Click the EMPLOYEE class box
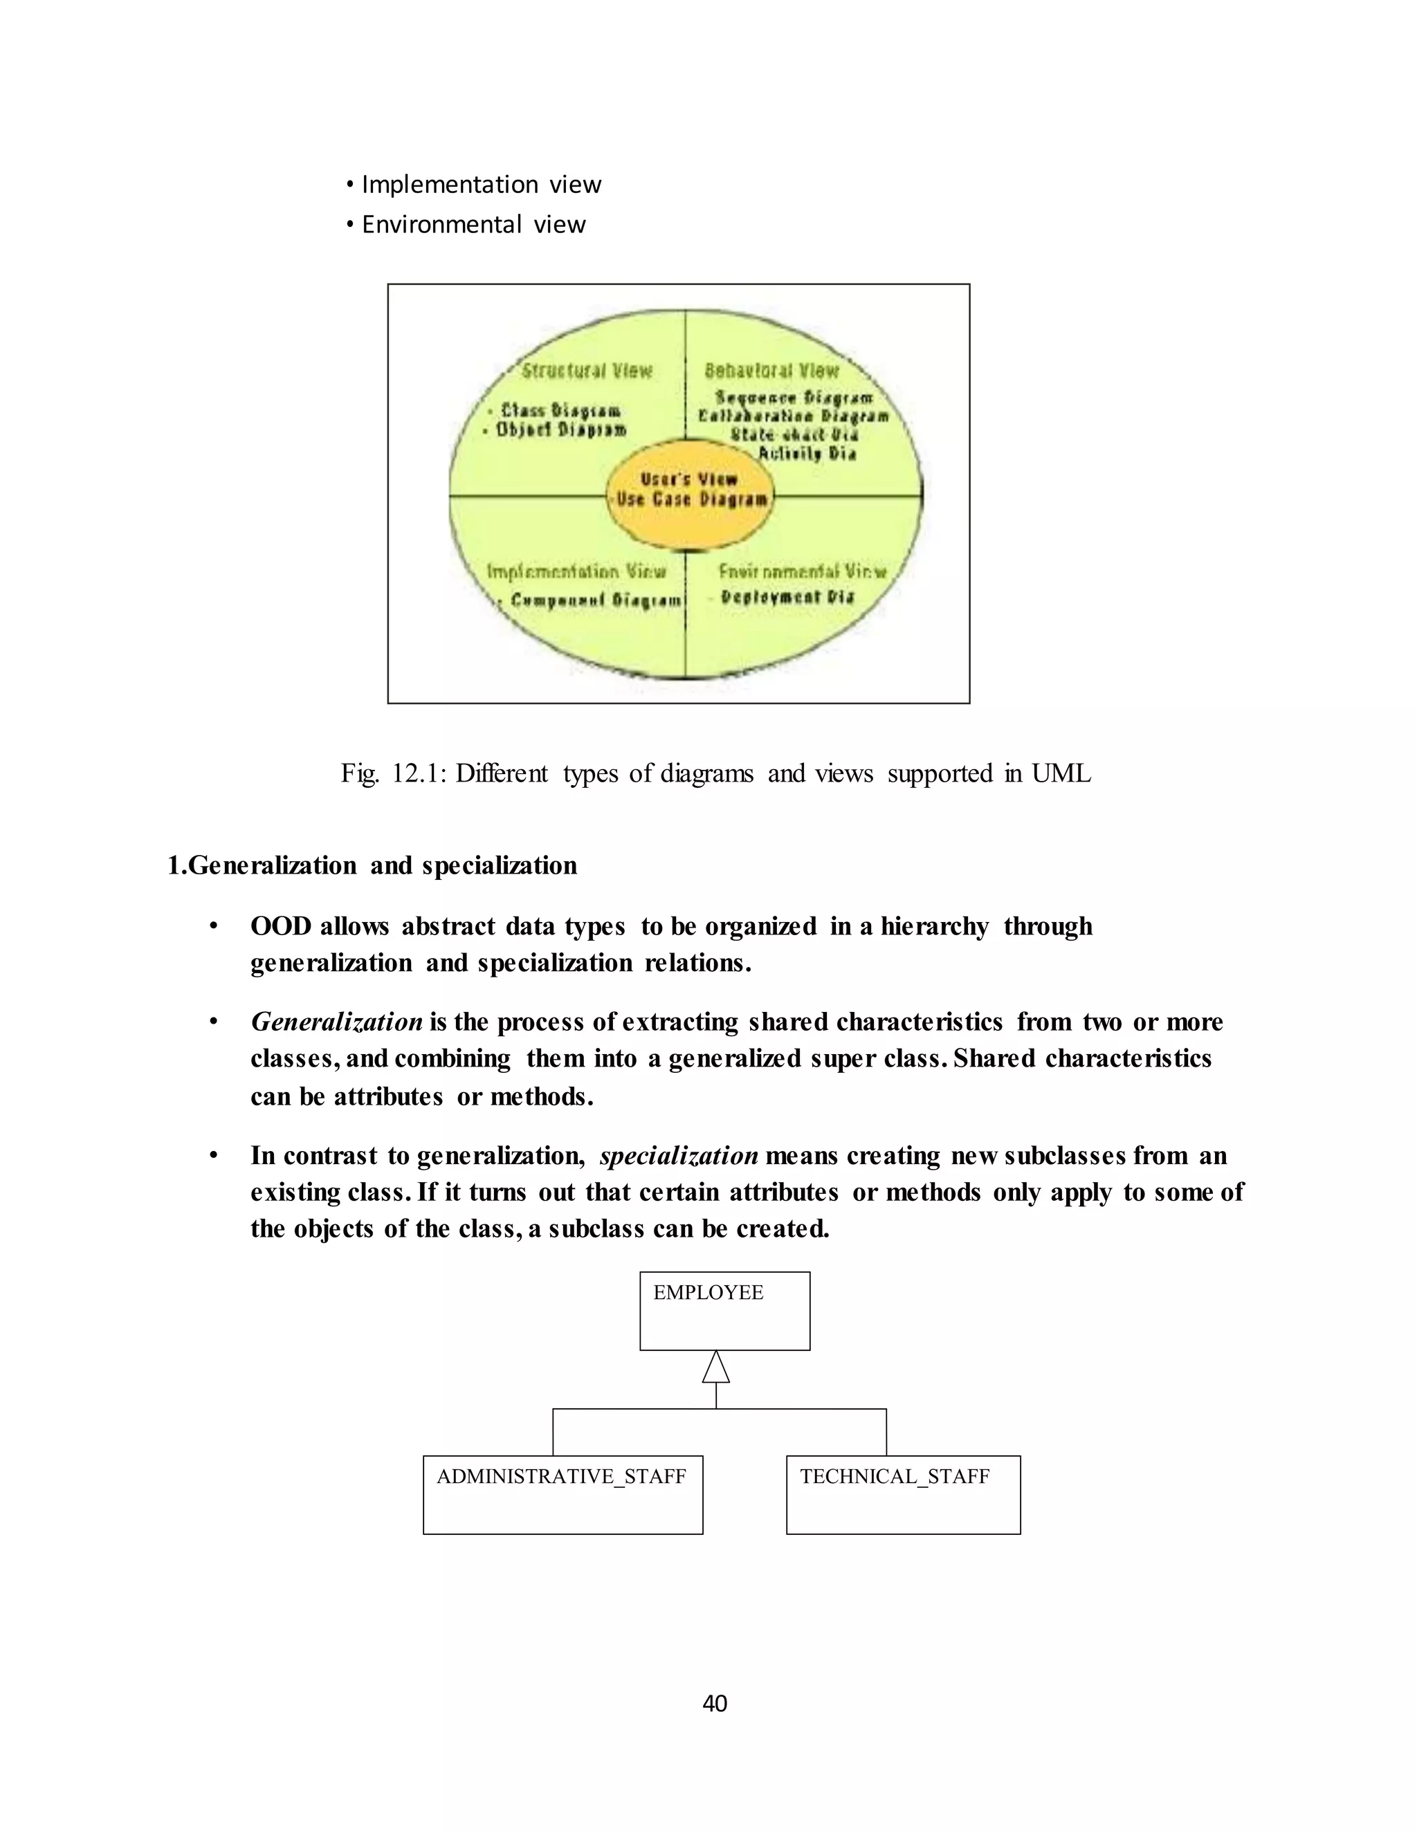pyautogui.click(x=724, y=1310)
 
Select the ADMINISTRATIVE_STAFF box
pyautogui.click(x=563, y=1495)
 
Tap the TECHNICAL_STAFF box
pyautogui.click(x=903, y=1495)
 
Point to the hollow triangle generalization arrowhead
pyautogui.click(x=715, y=1367)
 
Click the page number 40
pyautogui.click(x=714, y=1703)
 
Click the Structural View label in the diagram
pyautogui.click(x=587, y=371)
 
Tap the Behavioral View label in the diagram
pyautogui.click(x=771, y=371)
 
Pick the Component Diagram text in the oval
pyautogui.click(x=596, y=600)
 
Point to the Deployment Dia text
pyautogui.click(x=787, y=598)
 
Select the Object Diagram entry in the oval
pyautogui.click(x=560, y=430)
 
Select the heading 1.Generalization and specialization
pyautogui.click(x=372, y=865)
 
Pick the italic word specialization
pyautogui.click(x=678, y=1156)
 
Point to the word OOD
pyautogui.click(x=281, y=927)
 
